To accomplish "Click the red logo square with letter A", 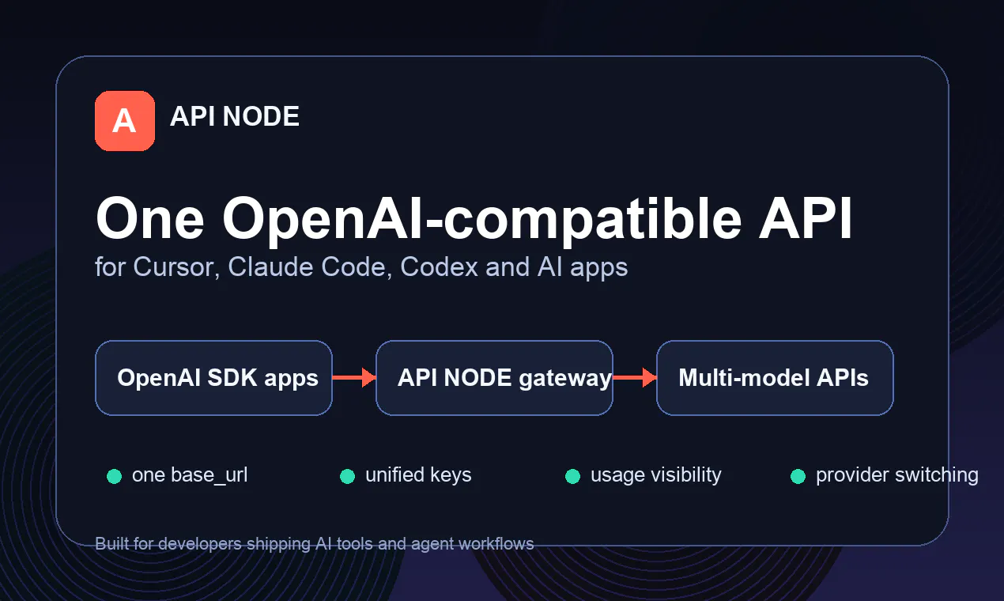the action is (125, 121).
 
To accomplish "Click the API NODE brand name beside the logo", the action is (235, 116).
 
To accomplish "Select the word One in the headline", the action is (150, 219).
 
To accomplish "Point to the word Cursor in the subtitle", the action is (176, 267).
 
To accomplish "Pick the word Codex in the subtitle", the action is (440, 267).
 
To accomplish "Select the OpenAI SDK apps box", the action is (213, 378).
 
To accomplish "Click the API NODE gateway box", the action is (494, 378).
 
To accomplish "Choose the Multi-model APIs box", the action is (775, 378).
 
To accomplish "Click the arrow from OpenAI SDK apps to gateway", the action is (354, 378).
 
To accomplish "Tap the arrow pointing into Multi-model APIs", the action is (635, 378).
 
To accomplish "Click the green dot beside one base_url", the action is (115, 476).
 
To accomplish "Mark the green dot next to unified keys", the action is (347, 476).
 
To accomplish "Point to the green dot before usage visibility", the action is (573, 476).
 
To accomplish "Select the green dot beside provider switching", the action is (798, 476).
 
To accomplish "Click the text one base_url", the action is (190, 475).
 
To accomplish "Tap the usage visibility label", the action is (656, 476).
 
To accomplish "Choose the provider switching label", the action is (896, 476).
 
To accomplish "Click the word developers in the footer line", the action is (200, 544).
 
